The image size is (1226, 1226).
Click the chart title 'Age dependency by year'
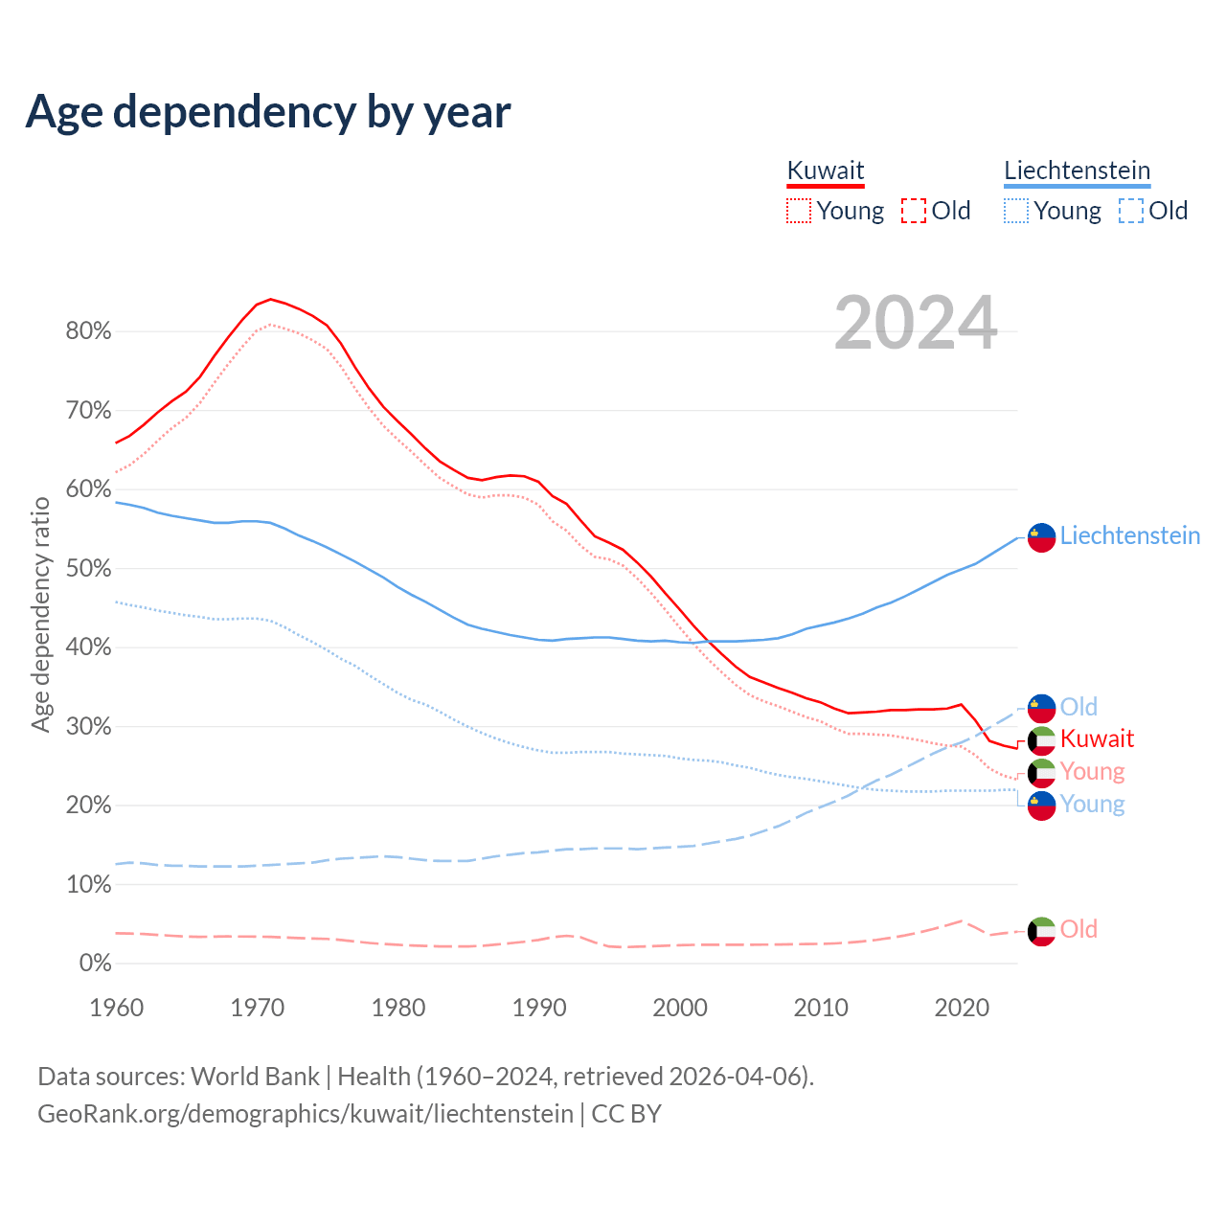point(268,112)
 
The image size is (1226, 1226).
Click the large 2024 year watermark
point(916,323)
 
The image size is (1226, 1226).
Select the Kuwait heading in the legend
point(825,170)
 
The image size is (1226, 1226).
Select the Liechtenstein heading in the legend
point(1077,170)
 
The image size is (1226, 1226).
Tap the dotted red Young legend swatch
point(798,211)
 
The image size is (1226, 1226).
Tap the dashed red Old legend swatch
point(914,211)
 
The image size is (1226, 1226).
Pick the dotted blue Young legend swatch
point(1016,211)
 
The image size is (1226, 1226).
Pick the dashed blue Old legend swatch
point(1131,211)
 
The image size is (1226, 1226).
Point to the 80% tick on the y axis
point(88,331)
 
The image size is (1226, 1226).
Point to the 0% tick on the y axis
point(95,963)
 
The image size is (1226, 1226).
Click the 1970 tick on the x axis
point(258,1008)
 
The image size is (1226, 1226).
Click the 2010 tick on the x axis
point(821,1008)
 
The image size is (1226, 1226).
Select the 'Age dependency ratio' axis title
point(40,614)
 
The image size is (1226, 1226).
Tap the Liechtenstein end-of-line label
point(1129,535)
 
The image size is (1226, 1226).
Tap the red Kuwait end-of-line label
point(1097,738)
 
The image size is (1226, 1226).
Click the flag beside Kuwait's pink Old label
point(1041,931)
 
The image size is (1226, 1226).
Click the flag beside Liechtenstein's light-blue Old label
point(1041,708)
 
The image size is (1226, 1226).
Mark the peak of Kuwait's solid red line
point(271,299)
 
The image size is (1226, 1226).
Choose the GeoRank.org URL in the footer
point(306,1114)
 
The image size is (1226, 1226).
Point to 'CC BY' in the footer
point(626,1114)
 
